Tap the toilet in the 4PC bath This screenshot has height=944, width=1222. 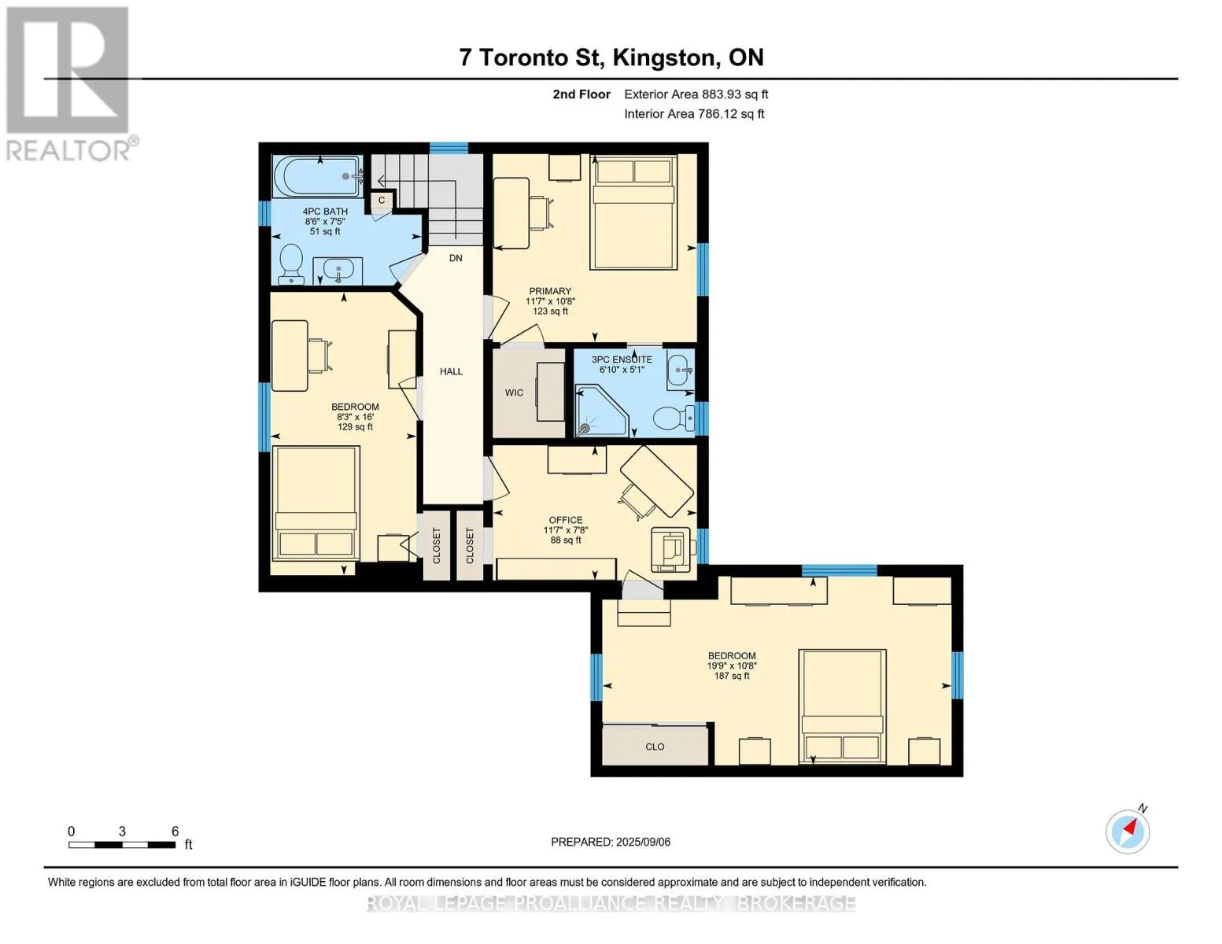click(291, 264)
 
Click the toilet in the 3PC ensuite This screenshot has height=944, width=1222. click(674, 418)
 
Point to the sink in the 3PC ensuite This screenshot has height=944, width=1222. click(681, 370)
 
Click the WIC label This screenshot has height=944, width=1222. click(514, 393)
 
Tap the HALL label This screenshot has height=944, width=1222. click(451, 371)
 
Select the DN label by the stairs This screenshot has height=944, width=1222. click(456, 258)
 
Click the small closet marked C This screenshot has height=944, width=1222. click(382, 200)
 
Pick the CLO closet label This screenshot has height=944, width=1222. click(655, 747)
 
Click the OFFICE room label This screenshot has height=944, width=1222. click(566, 520)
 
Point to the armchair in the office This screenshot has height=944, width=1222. click(671, 549)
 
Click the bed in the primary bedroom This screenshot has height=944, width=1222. click(633, 212)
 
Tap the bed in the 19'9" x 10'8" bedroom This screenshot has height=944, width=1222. click(842, 706)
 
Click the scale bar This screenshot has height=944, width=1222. click(122, 844)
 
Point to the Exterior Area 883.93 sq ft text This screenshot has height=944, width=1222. click(696, 94)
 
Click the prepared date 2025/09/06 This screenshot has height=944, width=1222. click(644, 842)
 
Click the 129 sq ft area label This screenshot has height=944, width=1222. click(355, 427)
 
